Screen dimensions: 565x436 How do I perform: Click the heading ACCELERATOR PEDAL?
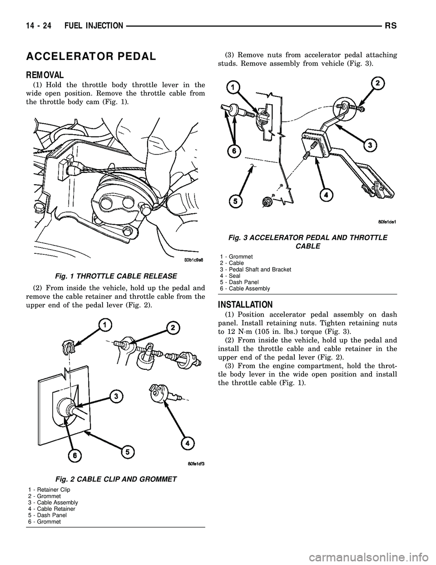point(92,56)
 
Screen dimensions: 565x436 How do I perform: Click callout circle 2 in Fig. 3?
point(378,84)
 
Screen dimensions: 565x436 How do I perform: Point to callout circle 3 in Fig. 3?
point(371,145)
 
